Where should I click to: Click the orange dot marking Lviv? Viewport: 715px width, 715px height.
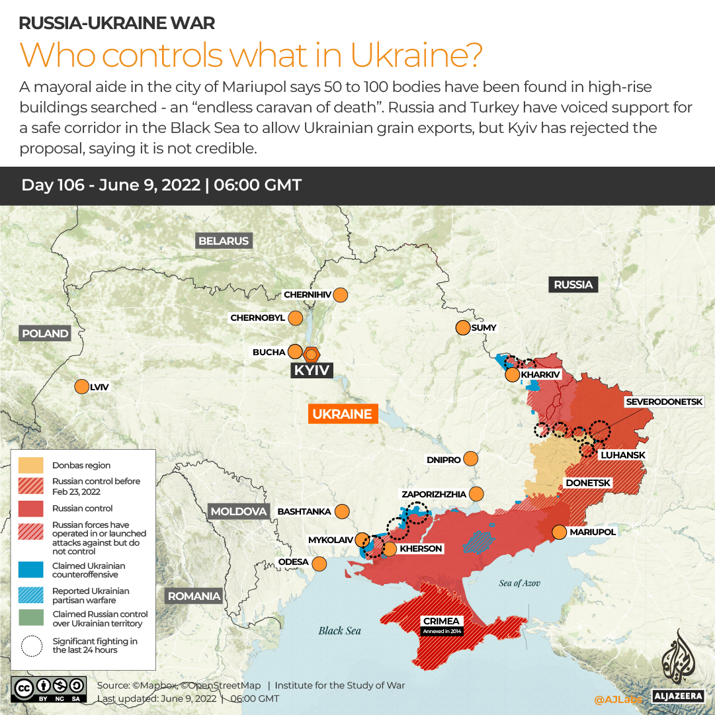tap(82, 387)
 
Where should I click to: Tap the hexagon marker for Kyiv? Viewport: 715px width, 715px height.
tap(312, 353)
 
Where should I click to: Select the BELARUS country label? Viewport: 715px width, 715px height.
tap(224, 241)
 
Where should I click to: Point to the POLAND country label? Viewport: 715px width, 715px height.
tap(45, 333)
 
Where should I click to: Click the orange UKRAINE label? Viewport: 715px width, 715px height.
tap(342, 414)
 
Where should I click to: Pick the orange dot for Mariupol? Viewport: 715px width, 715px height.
tap(560, 532)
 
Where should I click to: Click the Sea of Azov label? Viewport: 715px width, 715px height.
tap(520, 583)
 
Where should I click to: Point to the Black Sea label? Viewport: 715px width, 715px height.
tap(340, 630)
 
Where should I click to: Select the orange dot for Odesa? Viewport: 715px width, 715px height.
tap(319, 564)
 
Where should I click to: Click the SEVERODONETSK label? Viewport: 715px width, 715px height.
tap(669, 401)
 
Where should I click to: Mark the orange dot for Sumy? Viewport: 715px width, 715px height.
tap(462, 327)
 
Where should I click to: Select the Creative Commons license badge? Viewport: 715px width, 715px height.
tap(48, 689)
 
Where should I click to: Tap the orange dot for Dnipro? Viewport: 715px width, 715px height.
tap(471, 459)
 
